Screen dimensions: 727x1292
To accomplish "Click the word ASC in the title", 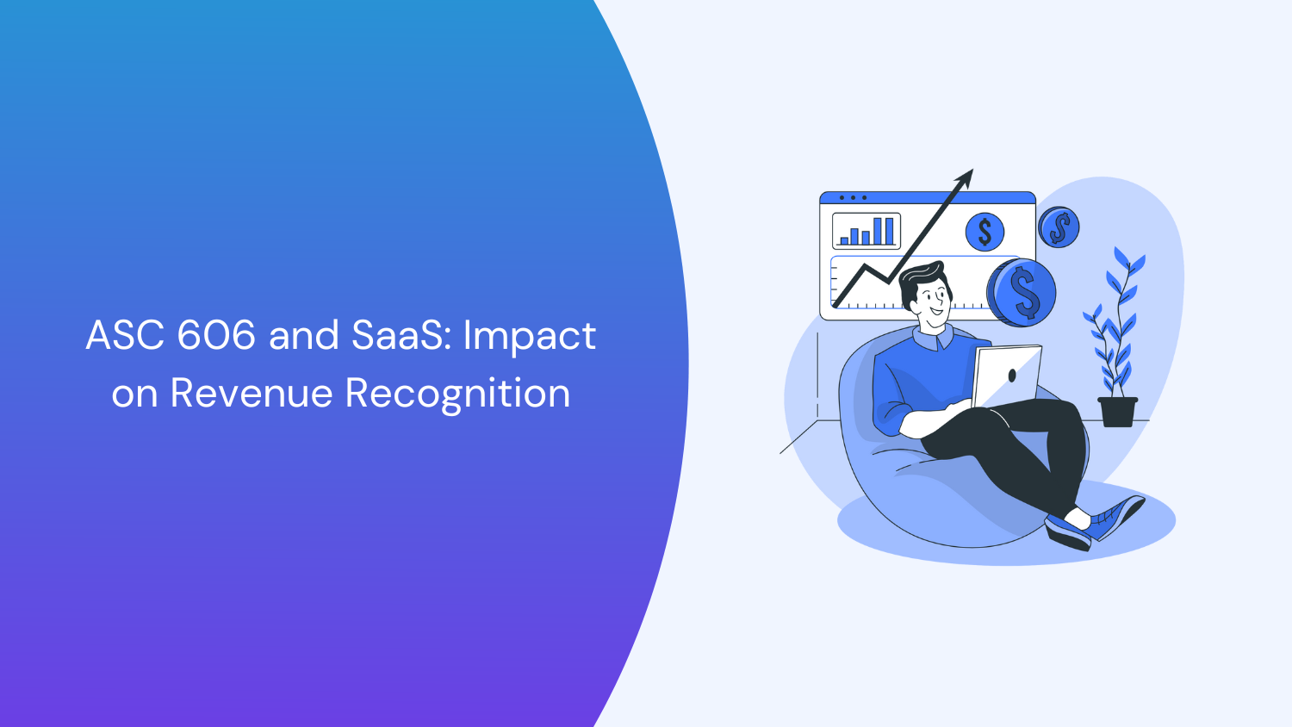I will click(125, 335).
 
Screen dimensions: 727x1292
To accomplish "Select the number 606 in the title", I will click(216, 335).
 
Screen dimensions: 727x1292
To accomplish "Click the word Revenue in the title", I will click(252, 394).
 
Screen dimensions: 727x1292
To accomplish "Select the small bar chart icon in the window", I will click(866, 231).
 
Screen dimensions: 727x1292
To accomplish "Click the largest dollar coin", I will click(1022, 292).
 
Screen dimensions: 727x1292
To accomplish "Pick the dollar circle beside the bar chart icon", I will click(985, 232).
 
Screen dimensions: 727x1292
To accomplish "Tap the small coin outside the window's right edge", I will click(1059, 227).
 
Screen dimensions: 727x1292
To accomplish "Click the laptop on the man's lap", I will click(1006, 376).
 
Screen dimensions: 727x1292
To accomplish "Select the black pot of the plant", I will click(1117, 412).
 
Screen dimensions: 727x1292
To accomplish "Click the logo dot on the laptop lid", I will click(1011, 376).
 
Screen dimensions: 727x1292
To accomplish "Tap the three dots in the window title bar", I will click(853, 198).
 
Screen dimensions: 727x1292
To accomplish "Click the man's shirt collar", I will click(935, 338).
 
